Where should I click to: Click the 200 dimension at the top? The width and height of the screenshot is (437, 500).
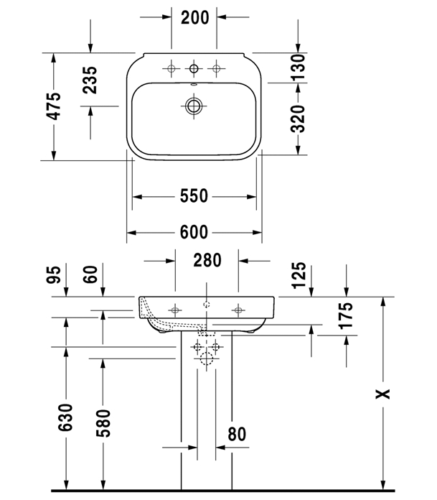coord(194,17)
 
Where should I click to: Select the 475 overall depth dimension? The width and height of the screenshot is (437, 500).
coord(54,106)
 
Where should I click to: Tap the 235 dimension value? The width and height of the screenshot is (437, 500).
coord(90,80)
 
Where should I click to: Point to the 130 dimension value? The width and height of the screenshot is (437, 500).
coord(298,67)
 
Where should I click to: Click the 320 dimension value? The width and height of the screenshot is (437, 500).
coord(298,119)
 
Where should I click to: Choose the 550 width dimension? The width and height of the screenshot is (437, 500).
coord(194,196)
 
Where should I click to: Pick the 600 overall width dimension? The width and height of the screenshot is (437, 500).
coord(194,232)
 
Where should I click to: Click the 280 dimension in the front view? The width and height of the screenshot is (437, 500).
coord(207,260)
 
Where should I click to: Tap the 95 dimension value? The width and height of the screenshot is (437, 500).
coord(54,274)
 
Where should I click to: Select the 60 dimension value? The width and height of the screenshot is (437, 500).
coord(90,274)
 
